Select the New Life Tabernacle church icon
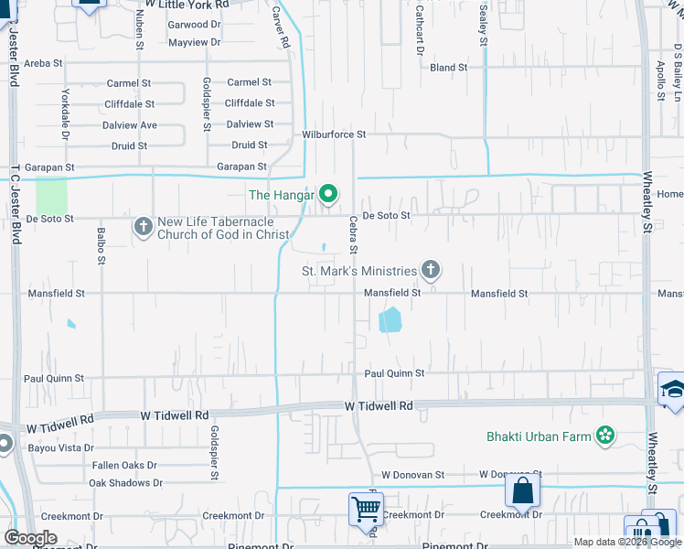(x=143, y=226)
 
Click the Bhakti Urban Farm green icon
(x=604, y=436)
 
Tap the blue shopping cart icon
(x=366, y=509)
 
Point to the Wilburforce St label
(x=334, y=135)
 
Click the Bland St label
(x=448, y=68)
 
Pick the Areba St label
(x=43, y=63)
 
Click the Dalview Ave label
(x=130, y=125)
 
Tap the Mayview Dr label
(x=195, y=42)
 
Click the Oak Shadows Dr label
(x=125, y=482)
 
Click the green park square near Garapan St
(x=51, y=196)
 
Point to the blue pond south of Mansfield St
(x=390, y=319)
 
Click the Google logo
(x=30, y=538)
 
